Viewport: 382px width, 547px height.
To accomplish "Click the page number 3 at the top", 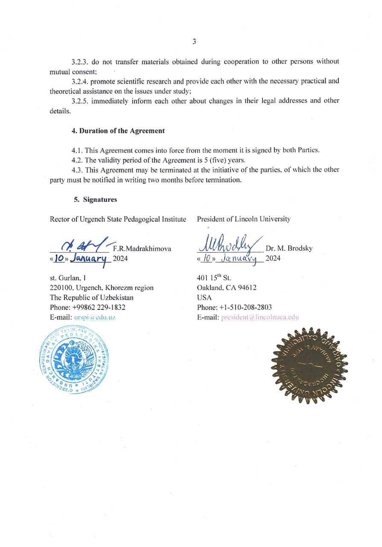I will pyautogui.click(x=194, y=41).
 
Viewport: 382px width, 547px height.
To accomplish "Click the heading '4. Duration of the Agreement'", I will pyautogui.click(x=118, y=131).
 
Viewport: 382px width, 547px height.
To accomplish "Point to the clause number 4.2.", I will pyautogui.click(x=77, y=160).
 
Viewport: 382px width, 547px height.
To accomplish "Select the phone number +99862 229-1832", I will pyautogui.click(x=98, y=307).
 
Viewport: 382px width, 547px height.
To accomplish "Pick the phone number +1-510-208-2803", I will pyautogui.click(x=245, y=307).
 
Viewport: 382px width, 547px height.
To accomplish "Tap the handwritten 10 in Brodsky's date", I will pyautogui.click(x=208, y=258).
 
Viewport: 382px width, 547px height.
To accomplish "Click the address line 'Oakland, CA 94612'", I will pyautogui.click(x=227, y=288).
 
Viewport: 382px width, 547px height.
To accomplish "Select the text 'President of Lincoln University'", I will pyautogui.click(x=243, y=219).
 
